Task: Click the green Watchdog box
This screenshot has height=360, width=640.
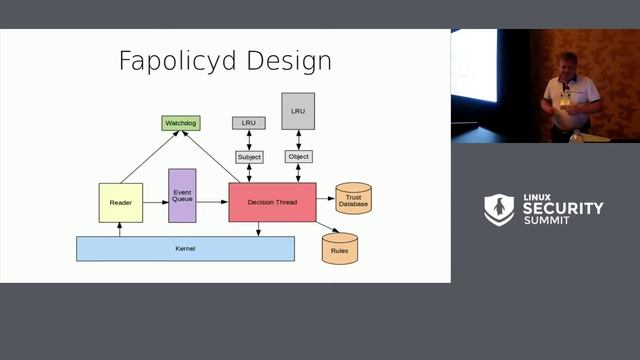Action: (x=181, y=123)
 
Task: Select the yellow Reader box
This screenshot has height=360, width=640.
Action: (x=120, y=203)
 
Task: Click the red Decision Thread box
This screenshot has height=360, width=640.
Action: (x=272, y=203)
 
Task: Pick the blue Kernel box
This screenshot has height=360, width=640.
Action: (x=185, y=248)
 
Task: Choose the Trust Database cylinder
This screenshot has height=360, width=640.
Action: (x=354, y=200)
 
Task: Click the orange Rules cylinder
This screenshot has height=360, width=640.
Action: (x=340, y=247)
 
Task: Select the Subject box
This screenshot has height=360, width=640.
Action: (x=249, y=157)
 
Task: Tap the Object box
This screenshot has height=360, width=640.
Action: (x=298, y=157)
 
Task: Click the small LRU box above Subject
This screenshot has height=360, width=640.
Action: (x=249, y=123)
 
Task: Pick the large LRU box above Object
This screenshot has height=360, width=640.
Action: (x=298, y=111)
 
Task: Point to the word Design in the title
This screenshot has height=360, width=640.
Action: (x=291, y=61)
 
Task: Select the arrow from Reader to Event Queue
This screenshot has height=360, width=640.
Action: (x=154, y=203)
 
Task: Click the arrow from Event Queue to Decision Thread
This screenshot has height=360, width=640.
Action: (x=213, y=203)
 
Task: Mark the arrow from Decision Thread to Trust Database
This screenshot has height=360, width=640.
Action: (x=325, y=200)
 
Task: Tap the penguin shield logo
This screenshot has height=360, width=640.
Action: (x=498, y=209)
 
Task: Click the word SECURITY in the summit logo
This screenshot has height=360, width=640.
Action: (x=564, y=208)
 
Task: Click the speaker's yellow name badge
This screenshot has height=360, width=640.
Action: (x=565, y=101)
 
